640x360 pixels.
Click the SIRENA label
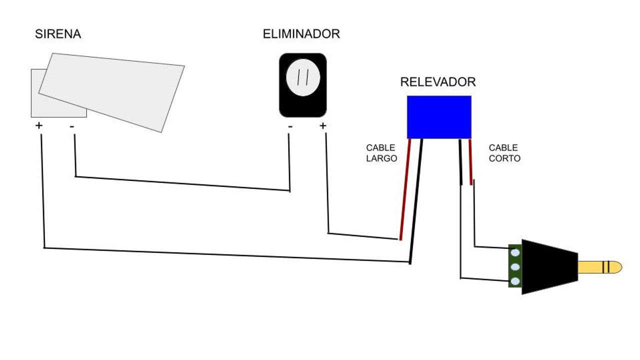pyautogui.click(x=57, y=34)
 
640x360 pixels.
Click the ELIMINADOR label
pyautogui.click(x=301, y=34)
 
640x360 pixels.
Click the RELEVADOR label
pyautogui.click(x=438, y=82)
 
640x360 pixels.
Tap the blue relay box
pyautogui.click(x=439, y=117)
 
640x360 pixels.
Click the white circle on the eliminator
pyautogui.click(x=302, y=77)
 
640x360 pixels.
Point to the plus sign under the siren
pyautogui.click(x=39, y=125)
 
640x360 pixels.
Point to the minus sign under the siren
pyautogui.click(x=72, y=126)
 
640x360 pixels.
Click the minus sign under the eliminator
pyautogui.click(x=290, y=126)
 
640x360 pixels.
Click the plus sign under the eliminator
pyautogui.click(x=322, y=125)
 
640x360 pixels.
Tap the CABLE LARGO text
pyautogui.click(x=381, y=153)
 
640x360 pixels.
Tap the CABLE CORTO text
pyautogui.click(x=504, y=153)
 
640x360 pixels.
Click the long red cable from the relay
pyautogui.click(x=405, y=190)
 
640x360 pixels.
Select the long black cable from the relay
pyautogui.click(x=416, y=200)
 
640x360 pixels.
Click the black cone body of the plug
pyautogui.click(x=547, y=267)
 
